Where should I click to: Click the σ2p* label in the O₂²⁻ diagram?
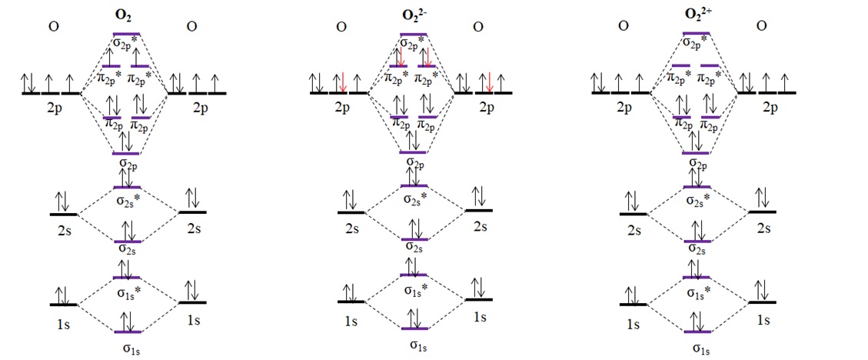click(414, 45)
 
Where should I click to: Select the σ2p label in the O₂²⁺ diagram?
click(697, 163)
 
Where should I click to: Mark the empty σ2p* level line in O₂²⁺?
click(697, 33)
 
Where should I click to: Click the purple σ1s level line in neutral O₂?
click(128, 332)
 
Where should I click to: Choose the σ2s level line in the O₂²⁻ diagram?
click(414, 239)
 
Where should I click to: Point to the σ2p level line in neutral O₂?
click(126, 153)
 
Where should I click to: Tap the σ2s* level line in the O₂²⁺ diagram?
click(697, 186)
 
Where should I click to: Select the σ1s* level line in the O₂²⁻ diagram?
click(414, 275)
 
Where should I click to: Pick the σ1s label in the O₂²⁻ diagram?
click(414, 344)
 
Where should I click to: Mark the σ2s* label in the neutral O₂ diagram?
click(128, 202)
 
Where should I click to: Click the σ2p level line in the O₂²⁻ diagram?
click(413, 152)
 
